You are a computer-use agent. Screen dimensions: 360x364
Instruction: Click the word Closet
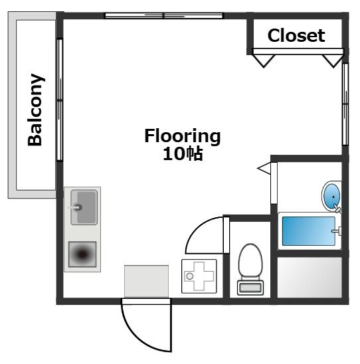click(296, 35)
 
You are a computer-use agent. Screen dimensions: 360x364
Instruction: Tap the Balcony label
click(35, 110)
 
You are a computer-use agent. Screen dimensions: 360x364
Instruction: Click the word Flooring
click(183, 137)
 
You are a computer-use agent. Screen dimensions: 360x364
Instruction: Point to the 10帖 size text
click(183, 154)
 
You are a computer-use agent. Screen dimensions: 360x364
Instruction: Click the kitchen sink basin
click(84, 207)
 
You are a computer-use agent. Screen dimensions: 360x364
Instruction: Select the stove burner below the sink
click(82, 254)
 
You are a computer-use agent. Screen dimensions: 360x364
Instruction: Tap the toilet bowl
click(250, 260)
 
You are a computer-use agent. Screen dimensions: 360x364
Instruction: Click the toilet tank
click(250, 288)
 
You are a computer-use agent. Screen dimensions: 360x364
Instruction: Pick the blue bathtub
click(309, 231)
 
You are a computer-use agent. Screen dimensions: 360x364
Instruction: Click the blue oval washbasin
click(331, 196)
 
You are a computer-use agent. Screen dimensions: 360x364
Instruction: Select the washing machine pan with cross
click(199, 276)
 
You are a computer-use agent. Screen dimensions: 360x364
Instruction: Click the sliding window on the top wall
click(164, 15)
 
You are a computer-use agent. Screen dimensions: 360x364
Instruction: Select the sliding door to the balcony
click(60, 100)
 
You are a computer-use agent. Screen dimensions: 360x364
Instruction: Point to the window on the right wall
click(345, 104)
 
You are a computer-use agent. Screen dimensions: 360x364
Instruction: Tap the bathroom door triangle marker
click(264, 168)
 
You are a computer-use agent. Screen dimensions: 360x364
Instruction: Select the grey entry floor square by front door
click(146, 281)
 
